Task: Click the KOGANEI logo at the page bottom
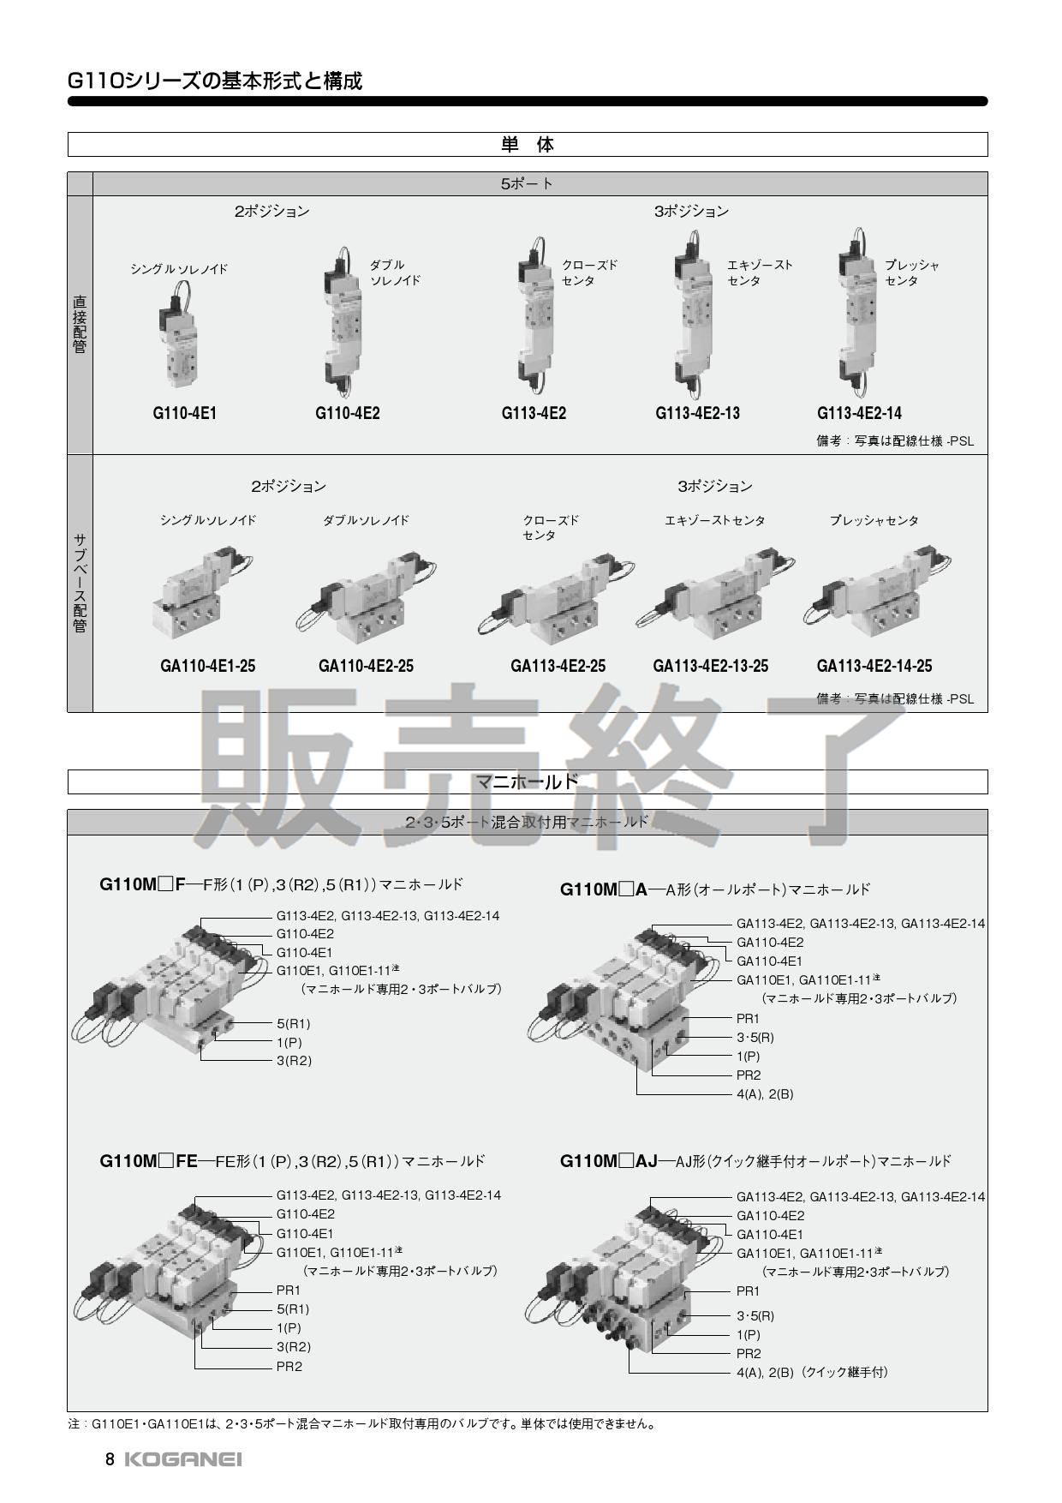(183, 1459)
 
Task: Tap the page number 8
(110, 1459)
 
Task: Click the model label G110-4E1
(185, 413)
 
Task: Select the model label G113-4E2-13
(697, 413)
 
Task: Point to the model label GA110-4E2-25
(366, 666)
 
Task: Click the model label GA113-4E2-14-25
(874, 666)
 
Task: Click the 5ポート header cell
(528, 184)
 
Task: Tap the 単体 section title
(528, 145)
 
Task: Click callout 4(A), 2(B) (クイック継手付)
(812, 1372)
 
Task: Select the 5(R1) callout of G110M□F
(293, 1024)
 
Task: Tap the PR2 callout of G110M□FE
(289, 1367)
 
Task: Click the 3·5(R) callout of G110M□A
(755, 1038)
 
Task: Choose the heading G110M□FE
(149, 1161)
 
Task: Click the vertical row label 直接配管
(80, 325)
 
